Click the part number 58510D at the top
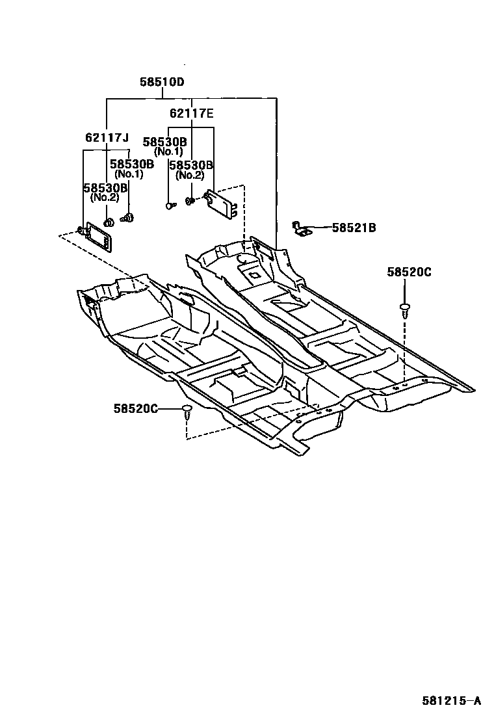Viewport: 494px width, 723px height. (162, 83)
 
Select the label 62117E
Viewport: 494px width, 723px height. (192, 113)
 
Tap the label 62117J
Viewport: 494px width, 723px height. (107, 137)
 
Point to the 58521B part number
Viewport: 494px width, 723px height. (354, 228)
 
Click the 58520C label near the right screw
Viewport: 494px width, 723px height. (409, 272)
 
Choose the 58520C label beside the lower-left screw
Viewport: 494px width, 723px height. (136, 408)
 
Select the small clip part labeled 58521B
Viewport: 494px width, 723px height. (300, 228)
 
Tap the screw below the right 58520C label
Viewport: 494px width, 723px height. (405, 308)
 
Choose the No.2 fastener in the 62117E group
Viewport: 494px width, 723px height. (190, 202)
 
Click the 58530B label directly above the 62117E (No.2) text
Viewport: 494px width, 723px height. (191, 165)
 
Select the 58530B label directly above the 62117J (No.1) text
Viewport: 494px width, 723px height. (131, 164)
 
